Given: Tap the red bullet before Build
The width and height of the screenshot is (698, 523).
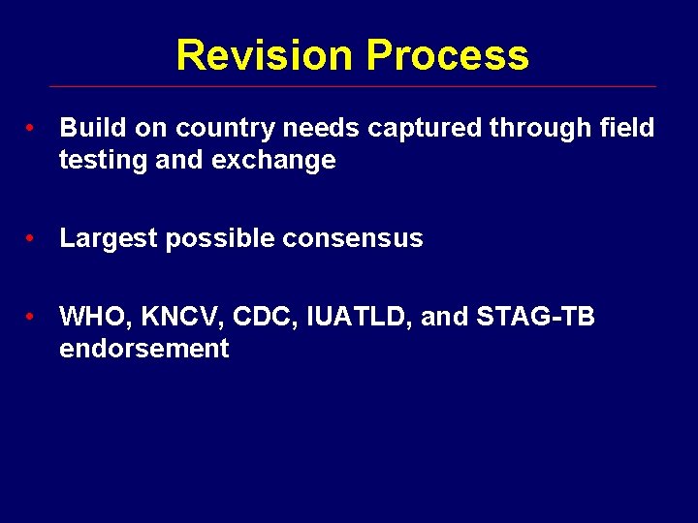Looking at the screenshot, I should click(32, 128).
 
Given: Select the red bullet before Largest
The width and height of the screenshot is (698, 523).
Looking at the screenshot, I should click(32, 239).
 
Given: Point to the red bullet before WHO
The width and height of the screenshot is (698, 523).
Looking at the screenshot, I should click(32, 317).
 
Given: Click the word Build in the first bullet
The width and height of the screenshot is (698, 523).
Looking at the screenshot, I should click(89, 128).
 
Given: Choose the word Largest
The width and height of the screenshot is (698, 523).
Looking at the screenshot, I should click(109, 239).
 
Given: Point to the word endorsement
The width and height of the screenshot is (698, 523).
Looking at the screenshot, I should click(143, 349).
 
